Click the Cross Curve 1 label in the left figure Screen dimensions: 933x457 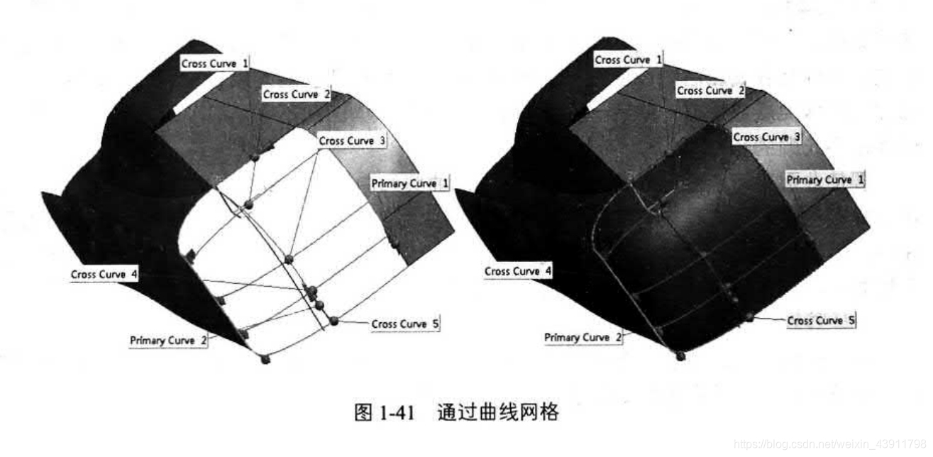215,64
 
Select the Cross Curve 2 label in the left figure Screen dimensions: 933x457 297,94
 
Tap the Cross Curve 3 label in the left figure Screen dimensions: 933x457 352,141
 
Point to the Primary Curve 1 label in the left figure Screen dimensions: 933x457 411,184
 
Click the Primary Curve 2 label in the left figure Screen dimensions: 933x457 169,341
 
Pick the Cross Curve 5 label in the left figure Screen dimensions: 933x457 404,324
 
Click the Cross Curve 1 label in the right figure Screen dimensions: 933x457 628,60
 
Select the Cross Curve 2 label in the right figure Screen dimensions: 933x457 710,91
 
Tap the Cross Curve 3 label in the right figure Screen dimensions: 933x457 766,137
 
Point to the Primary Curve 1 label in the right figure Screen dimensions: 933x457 825,180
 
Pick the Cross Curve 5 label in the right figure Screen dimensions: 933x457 820,321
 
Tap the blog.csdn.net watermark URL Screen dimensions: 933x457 831,444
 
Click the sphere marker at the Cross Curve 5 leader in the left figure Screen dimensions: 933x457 334,321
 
